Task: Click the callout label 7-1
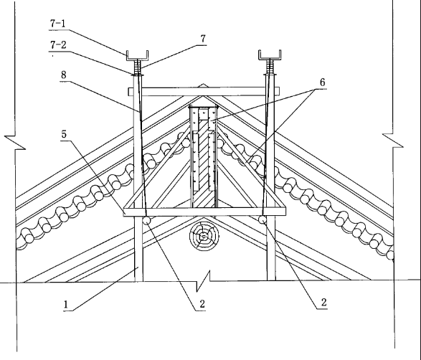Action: [57, 24]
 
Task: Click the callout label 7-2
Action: [58, 44]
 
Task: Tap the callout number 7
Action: [203, 39]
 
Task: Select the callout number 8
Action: [63, 75]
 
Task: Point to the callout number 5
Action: [64, 134]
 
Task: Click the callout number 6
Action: [323, 82]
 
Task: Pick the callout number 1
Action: [66, 305]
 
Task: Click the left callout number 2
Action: [202, 304]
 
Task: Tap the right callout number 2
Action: [323, 303]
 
